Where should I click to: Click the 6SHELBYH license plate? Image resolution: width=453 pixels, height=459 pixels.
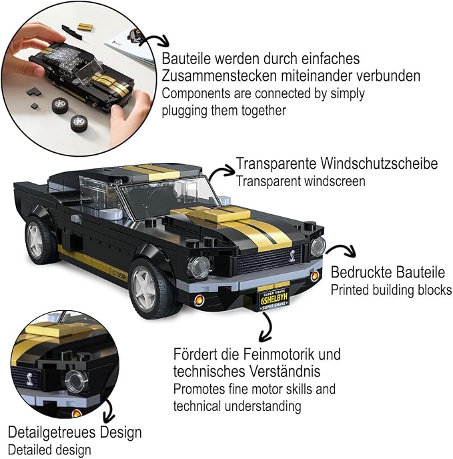click(x=274, y=299)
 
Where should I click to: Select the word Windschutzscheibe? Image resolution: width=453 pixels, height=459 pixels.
click(x=379, y=163)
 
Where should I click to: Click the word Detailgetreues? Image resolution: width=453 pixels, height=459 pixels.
click(x=52, y=433)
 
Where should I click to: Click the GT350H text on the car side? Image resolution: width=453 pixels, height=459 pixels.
click(x=120, y=274)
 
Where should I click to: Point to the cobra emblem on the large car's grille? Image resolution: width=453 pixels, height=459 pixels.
click(x=292, y=256)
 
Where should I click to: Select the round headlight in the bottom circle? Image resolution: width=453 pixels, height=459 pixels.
click(x=76, y=380)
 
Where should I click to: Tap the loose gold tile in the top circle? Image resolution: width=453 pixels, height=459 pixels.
click(x=85, y=27)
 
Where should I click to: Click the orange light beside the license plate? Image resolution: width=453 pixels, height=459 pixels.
click(x=315, y=276)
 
